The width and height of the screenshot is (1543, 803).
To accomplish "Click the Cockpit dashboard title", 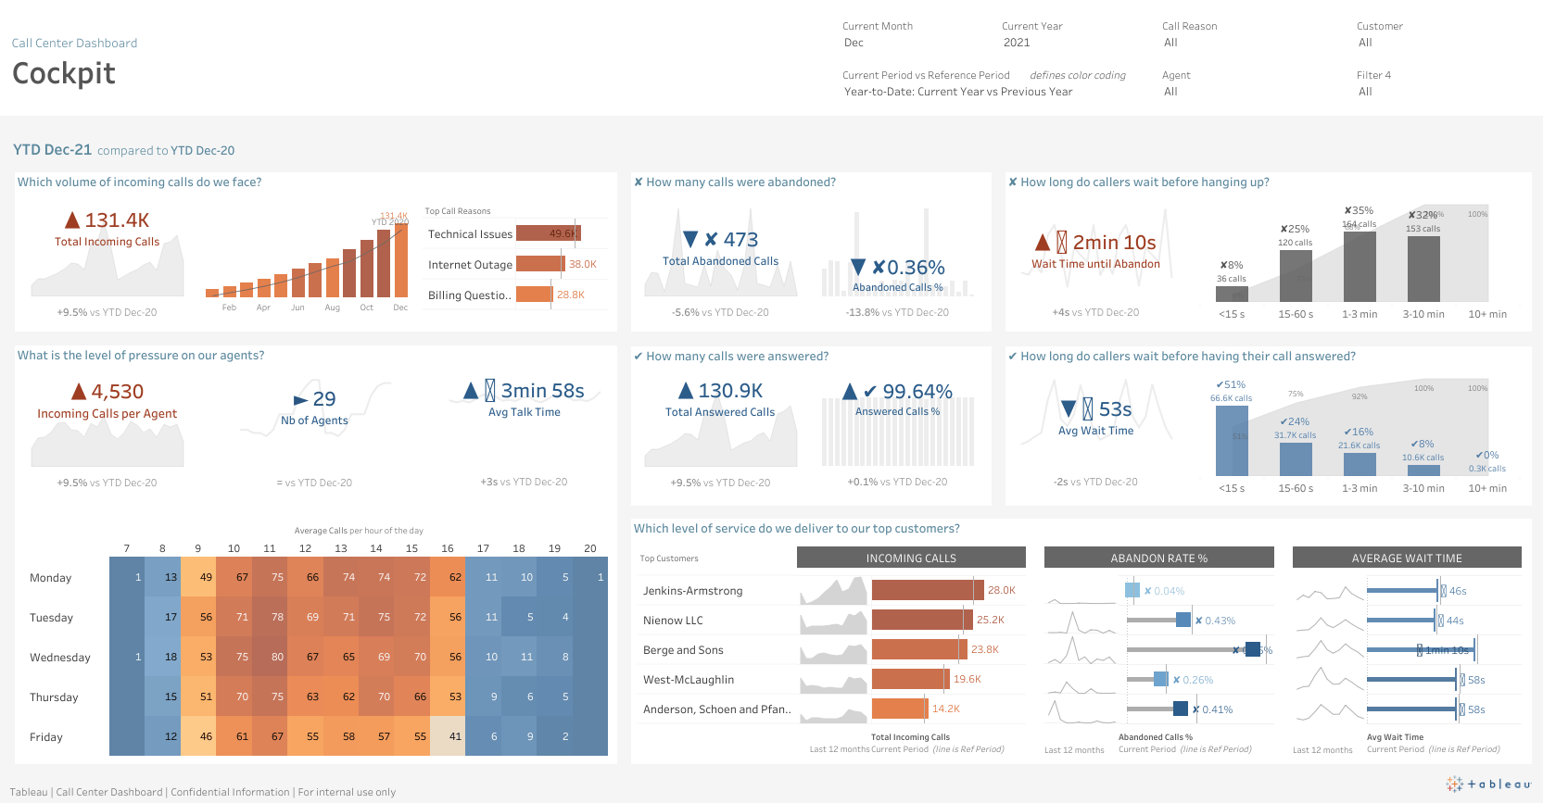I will pyautogui.click(x=64, y=73).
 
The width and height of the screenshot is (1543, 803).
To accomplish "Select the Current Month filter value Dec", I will pyautogui.click(x=854, y=43).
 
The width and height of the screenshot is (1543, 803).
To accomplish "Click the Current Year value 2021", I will pyautogui.click(x=1017, y=43).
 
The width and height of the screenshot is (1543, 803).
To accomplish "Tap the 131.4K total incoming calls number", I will pyautogui.click(x=117, y=220).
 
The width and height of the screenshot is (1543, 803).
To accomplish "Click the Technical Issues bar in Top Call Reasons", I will pyautogui.click(x=548, y=233).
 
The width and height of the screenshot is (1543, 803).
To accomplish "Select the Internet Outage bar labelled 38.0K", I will pyautogui.click(x=539, y=264).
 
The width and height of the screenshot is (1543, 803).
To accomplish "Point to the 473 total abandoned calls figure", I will pyautogui.click(x=740, y=240).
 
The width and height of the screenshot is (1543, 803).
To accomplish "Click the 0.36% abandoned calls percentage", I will pyautogui.click(x=915, y=268).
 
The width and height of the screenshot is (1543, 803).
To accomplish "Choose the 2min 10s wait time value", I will pyautogui.click(x=1114, y=243).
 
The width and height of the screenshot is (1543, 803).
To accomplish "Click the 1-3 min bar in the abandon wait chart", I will pyautogui.click(x=1360, y=267).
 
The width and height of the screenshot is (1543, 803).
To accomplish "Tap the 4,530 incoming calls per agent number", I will pyautogui.click(x=117, y=392).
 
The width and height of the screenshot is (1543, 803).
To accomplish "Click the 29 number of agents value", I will pyautogui.click(x=324, y=399).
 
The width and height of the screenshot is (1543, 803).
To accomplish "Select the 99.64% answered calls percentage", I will pyautogui.click(x=917, y=392).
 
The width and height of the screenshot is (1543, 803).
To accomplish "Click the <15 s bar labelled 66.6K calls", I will pyautogui.click(x=1232, y=441).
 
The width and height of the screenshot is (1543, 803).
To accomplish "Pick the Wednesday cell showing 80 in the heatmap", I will pyautogui.click(x=277, y=657).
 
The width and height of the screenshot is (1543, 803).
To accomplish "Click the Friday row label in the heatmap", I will pyautogui.click(x=46, y=737).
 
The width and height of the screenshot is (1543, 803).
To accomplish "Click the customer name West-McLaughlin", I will pyautogui.click(x=689, y=680).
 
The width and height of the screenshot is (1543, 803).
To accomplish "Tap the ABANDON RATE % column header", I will pyautogui.click(x=1158, y=558).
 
